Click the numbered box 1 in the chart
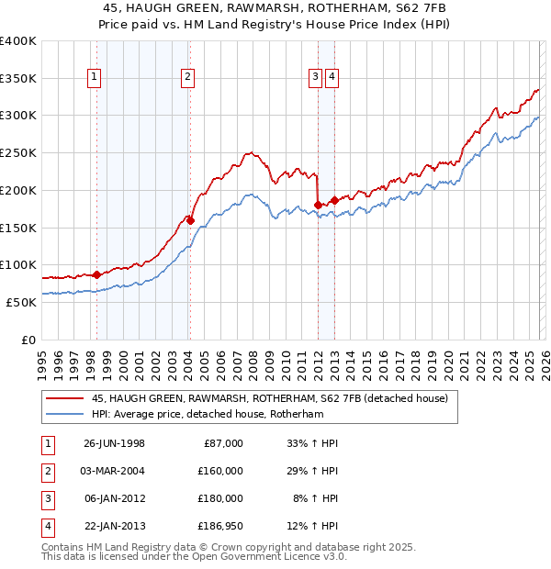click(x=95, y=78)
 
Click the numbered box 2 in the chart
click(x=186, y=78)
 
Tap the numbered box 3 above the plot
click(x=315, y=78)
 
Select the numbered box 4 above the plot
click(x=331, y=78)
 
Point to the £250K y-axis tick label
click(x=18, y=152)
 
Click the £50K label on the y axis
click(x=21, y=302)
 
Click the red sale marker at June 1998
click(x=97, y=274)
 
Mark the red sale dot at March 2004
click(x=190, y=220)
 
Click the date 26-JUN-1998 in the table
click(x=114, y=443)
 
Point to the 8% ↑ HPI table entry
click(x=315, y=498)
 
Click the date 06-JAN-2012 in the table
click(x=114, y=498)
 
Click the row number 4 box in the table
click(x=46, y=526)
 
